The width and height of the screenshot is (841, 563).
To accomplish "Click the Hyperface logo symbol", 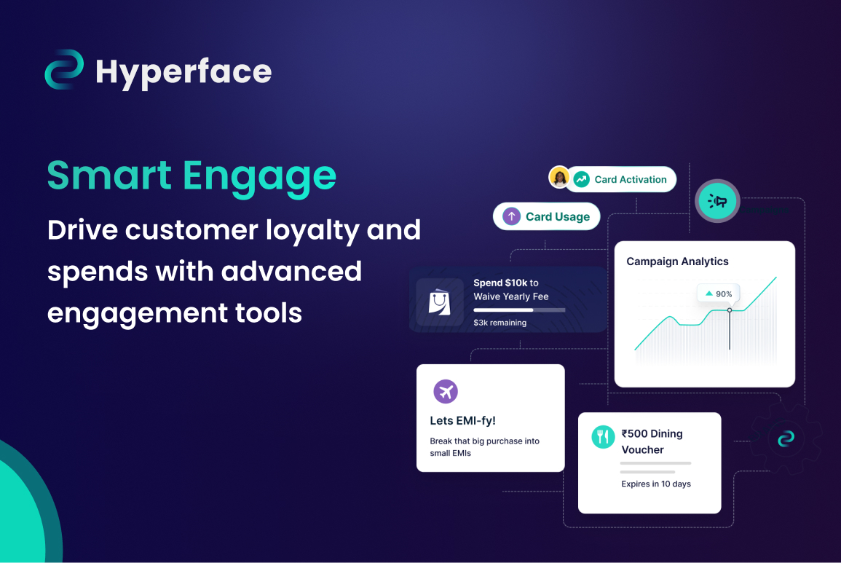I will (x=65, y=70).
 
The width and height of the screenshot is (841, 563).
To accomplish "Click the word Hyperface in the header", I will (x=183, y=71).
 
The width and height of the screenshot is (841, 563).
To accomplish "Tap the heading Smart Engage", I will (x=192, y=176).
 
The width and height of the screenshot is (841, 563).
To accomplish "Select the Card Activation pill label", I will (x=630, y=179).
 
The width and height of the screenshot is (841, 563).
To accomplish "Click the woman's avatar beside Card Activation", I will (x=559, y=177).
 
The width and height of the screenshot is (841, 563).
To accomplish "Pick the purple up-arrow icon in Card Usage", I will (x=512, y=216).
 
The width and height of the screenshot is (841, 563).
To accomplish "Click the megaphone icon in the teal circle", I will (x=717, y=201).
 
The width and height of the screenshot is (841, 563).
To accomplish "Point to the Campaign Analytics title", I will (x=677, y=261).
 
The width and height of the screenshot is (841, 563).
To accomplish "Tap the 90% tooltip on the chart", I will (x=719, y=294).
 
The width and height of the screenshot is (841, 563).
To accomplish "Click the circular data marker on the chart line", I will (x=730, y=310).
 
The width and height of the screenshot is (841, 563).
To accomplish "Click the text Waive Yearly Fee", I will (x=510, y=296).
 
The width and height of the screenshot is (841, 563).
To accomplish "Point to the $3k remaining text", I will (x=500, y=322).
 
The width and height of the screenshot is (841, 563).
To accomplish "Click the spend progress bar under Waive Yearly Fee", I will (x=518, y=310).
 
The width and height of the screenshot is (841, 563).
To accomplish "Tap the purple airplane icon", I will (x=446, y=392).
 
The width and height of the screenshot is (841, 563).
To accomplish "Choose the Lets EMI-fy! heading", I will (x=463, y=420).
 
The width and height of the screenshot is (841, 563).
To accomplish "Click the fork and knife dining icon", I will (x=603, y=436).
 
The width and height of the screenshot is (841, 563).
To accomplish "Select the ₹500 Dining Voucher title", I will (x=652, y=441).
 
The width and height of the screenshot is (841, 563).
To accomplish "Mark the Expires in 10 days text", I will (x=655, y=484).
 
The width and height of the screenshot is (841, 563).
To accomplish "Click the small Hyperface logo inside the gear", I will (x=785, y=438).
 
